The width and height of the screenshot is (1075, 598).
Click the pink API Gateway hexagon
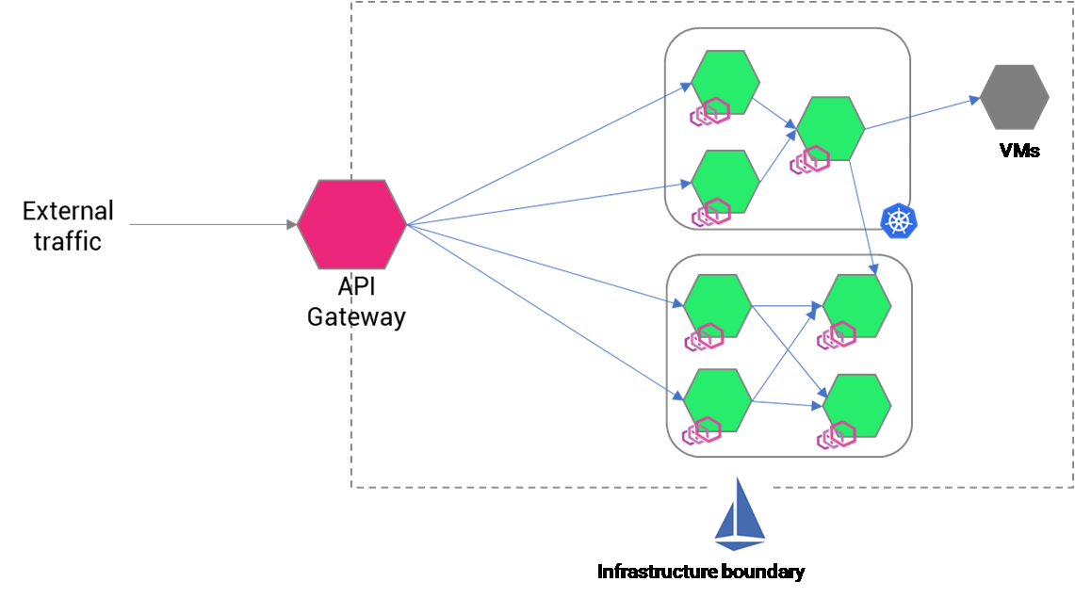352,223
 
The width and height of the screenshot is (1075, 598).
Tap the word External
68,210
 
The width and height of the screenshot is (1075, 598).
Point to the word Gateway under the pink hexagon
356,316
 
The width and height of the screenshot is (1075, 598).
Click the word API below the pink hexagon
356,287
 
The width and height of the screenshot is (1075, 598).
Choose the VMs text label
1019,150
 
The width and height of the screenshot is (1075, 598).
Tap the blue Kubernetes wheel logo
898,221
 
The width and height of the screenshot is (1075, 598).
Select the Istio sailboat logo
741,513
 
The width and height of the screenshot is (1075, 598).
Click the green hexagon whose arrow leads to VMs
830,128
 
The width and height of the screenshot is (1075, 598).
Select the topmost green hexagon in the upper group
725,83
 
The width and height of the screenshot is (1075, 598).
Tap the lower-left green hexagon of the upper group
725,181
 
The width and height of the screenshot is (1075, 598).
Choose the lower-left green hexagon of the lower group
718,400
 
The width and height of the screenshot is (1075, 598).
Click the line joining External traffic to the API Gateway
207,225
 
